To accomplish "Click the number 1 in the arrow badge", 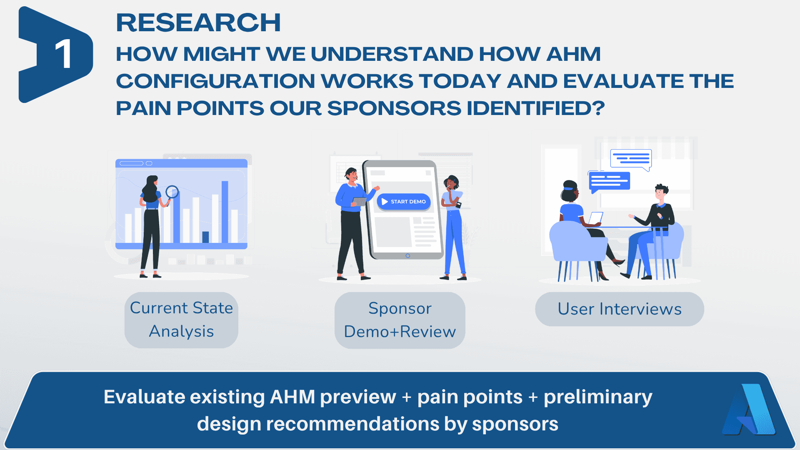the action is (63, 54).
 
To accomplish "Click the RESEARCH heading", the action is (198, 22).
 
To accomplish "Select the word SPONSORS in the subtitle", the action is (394, 108).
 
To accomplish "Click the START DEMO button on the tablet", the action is (404, 202).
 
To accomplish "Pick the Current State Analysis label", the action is (181, 320).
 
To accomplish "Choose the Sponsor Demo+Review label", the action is (400, 320).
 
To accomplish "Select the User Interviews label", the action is (620, 309).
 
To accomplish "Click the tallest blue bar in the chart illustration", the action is (225, 212).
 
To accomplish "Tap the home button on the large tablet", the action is (408, 256).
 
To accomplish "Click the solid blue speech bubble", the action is (609, 182).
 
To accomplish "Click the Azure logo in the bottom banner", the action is (749, 410).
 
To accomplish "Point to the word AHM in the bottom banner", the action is (292, 397).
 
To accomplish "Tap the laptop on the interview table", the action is (595, 218).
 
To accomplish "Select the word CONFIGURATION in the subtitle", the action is (216, 81).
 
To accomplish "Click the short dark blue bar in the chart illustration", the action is (205, 237).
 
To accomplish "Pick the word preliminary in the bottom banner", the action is (598, 397).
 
